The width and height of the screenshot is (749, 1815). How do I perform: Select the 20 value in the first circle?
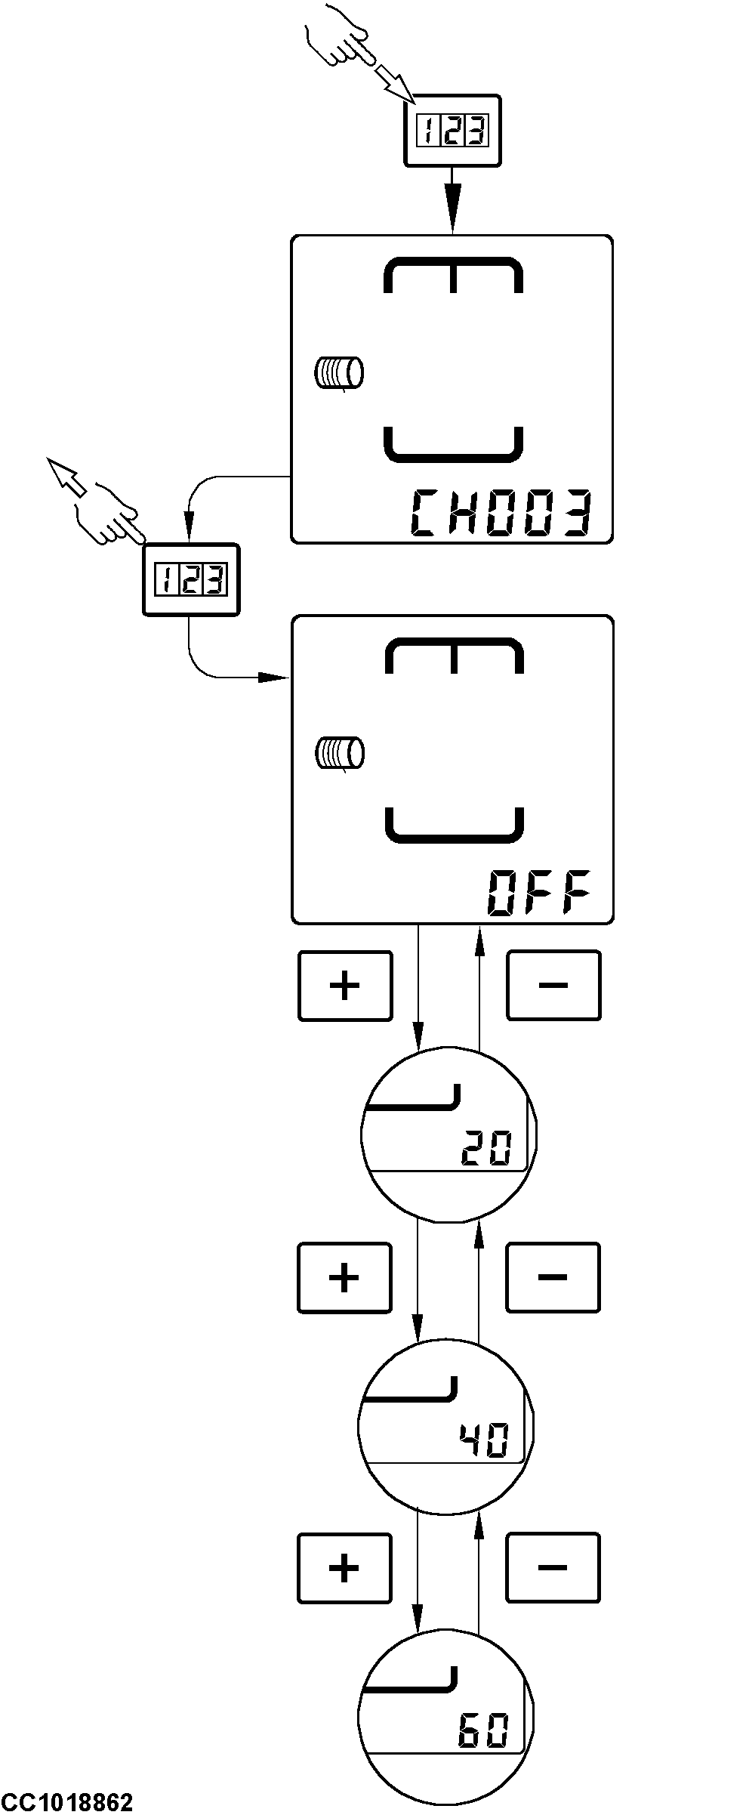click(486, 1149)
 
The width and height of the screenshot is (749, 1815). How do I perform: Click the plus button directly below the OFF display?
click(345, 986)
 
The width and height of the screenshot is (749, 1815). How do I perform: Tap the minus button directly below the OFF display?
click(553, 986)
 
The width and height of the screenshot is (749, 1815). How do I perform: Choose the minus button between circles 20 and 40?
click(552, 1277)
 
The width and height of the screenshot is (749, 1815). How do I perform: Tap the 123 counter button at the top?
click(452, 131)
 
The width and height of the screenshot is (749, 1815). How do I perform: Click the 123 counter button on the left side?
click(191, 580)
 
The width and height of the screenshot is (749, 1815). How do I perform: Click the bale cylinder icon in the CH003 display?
click(339, 372)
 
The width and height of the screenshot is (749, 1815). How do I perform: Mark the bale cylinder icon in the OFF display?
click(339, 753)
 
